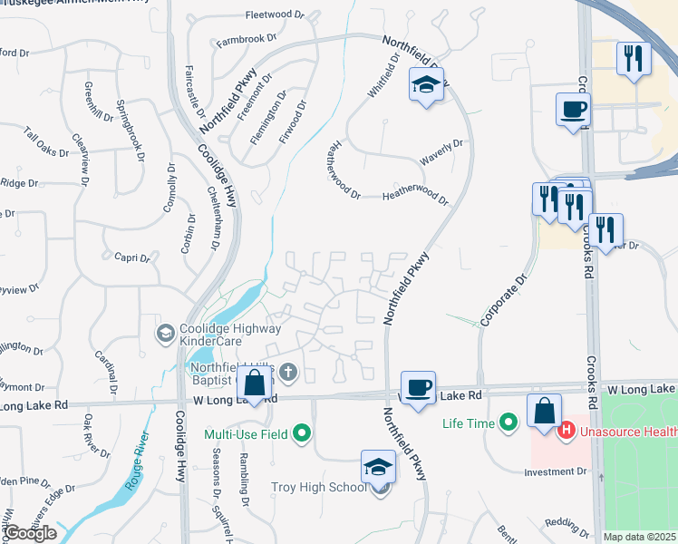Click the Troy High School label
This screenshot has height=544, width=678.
[318, 488]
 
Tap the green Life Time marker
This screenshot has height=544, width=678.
[508, 422]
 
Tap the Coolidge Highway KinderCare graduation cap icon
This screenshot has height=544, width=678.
[164, 334]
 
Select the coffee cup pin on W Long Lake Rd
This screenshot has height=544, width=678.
[418, 388]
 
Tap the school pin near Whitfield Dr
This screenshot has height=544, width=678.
[426, 85]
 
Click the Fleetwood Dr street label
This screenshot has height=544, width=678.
[276, 15]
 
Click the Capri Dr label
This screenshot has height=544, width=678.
[131, 257]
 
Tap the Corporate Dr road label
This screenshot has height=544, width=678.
[505, 301]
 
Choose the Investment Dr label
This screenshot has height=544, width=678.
[556, 471]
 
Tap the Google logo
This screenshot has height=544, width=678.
[30, 533]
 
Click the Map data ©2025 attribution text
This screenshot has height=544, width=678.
[640, 537]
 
